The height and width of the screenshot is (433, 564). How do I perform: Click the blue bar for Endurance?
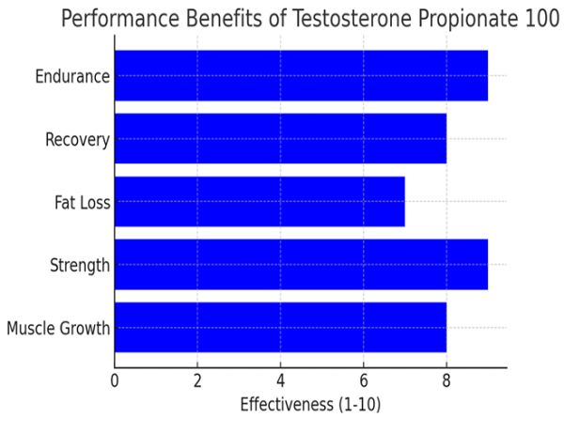pyautogui.click(x=301, y=76)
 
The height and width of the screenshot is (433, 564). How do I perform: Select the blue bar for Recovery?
pyautogui.click(x=280, y=139)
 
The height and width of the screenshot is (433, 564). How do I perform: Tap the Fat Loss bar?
pyautogui.click(x=259, y=201)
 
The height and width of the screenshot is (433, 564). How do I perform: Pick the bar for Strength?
pyautogui.click(x=301, y=265)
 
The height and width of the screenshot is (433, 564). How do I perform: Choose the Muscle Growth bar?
pyautogui.click(x=280, y=328)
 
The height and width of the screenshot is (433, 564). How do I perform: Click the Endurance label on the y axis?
pyautogui.click(x=72, y=76)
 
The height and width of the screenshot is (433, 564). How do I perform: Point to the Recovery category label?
pyautogui.click(x=77, y=140)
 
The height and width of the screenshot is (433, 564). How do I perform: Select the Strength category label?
pyautogui.click(x=80, y=266)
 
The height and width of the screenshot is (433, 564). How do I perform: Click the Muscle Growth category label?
pyautogui.click(x=57, y=329)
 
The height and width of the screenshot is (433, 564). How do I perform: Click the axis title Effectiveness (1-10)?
pyautogui.click(x=310, y=406)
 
